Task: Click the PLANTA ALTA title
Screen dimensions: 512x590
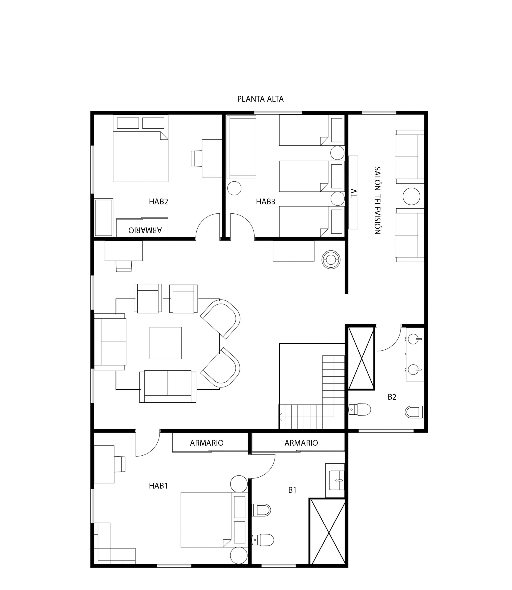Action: pos(260,99)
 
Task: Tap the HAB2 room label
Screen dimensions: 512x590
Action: pos(158,202)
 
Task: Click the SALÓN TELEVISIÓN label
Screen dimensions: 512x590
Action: pos(377,201)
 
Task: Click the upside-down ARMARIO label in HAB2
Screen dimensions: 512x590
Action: pos(145,230)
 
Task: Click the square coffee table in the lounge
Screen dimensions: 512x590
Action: pos(166,343)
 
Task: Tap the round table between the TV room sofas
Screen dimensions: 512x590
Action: pos(411,196)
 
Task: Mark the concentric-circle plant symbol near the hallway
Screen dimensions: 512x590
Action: pos(331,260)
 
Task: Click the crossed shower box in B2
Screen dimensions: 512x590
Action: pos(361,358)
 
